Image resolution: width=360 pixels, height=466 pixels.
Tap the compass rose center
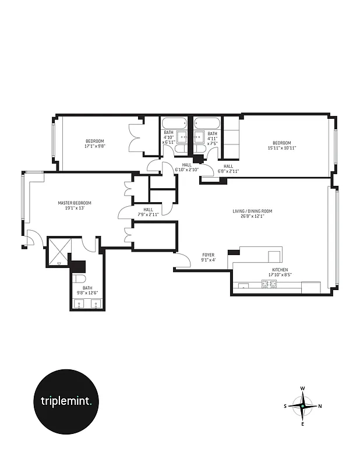point(303,405)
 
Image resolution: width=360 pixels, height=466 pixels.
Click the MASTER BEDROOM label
point(75,203)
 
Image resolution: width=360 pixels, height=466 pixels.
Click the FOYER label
point(209,255)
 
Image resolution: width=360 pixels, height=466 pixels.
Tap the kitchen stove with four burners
point(269,285)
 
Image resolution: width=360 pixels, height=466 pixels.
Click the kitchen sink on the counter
point(243,286)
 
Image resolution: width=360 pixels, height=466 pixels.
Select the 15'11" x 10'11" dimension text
point(282,148)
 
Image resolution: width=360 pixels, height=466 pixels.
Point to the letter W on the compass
point(303,388)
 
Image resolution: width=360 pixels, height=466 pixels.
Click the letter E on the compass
point(303,423)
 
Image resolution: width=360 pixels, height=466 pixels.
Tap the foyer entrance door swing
point(183,262)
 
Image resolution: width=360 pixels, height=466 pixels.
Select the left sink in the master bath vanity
point(80,303)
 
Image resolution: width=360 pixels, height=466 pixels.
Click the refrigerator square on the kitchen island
point(274,256)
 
